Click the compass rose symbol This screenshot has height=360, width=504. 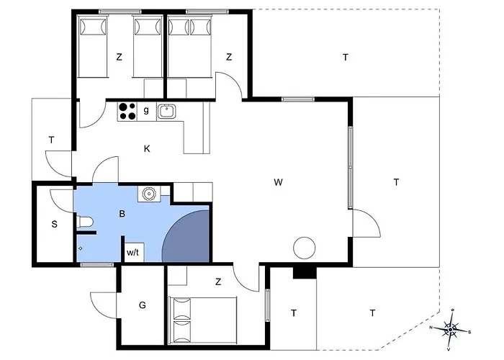[x=450, y=329]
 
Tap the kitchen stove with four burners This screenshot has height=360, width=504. [x=127, y=112]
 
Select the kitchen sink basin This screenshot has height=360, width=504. [x=166, y=112]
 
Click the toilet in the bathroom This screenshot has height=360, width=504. [x=85, y=222]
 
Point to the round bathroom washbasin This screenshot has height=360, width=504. [x=149, y=194]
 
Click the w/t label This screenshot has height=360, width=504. [x=132, y=252]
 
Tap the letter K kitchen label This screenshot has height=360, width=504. [x=147, y=149]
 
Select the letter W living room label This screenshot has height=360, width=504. [x=279, y=182]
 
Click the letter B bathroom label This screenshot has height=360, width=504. [x=122, y=214]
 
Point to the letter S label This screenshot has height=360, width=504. [x=54, y=224]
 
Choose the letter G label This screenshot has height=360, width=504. [x=143, y=305]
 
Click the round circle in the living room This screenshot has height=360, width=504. [x=305, y=248]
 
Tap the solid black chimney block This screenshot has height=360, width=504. [x=305, y=273]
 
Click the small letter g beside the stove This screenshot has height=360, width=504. [x=146, y=110]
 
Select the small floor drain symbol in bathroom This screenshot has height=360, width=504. [x=81, y=248]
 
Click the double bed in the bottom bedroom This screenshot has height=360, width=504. [x=203, y=320]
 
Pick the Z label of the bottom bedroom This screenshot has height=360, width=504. [x=218, y=282]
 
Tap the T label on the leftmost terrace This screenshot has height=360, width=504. [x=51, y=140]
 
